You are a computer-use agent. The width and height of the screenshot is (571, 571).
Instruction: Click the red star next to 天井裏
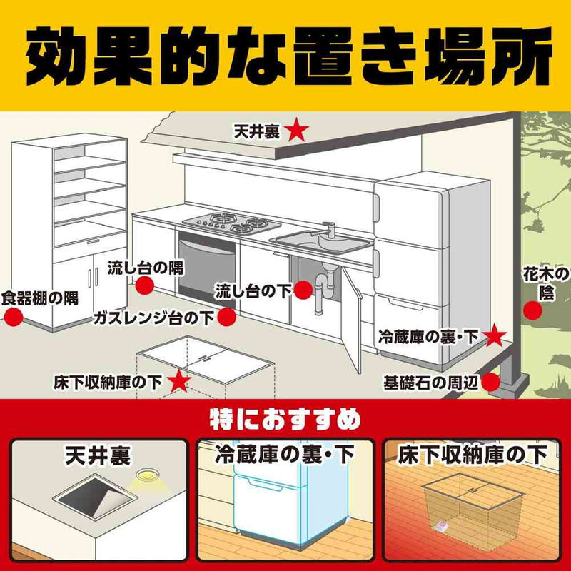click(x=298, y=131)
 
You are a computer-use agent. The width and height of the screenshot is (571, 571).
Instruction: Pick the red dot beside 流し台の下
click(x=303, y=290)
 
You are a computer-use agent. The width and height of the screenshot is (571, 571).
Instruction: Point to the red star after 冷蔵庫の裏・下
click(x=495, y=336)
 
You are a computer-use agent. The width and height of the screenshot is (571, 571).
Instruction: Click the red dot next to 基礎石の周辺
click(x=492, y=380)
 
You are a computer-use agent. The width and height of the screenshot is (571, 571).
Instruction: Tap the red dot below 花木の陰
click(x=532, y=310)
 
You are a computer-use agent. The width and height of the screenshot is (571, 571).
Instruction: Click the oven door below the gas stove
click(x=208, y=268)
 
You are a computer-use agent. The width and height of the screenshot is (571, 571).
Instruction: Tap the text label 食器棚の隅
click(x=40, y=297)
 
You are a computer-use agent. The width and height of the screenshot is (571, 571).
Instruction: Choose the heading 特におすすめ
click(x=285, y=418)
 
